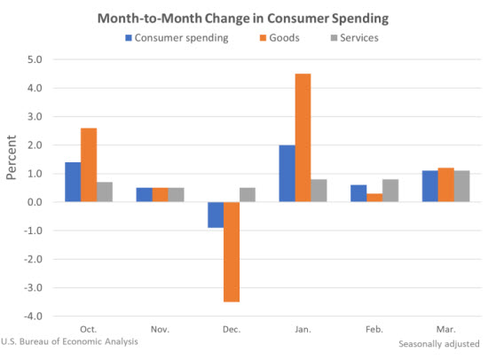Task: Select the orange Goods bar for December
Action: click(232, 252)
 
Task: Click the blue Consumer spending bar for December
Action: click(216, 215)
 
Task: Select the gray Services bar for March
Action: click(461, 186)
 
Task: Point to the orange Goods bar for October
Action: click(89, 165)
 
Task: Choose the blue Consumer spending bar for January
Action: click(287, 174)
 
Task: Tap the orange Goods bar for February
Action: click(374, 198)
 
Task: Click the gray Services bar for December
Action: click(248, 195)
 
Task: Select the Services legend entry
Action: click(356, 37)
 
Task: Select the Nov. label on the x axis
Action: click(161, 328)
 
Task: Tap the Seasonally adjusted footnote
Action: click(441, 343)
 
